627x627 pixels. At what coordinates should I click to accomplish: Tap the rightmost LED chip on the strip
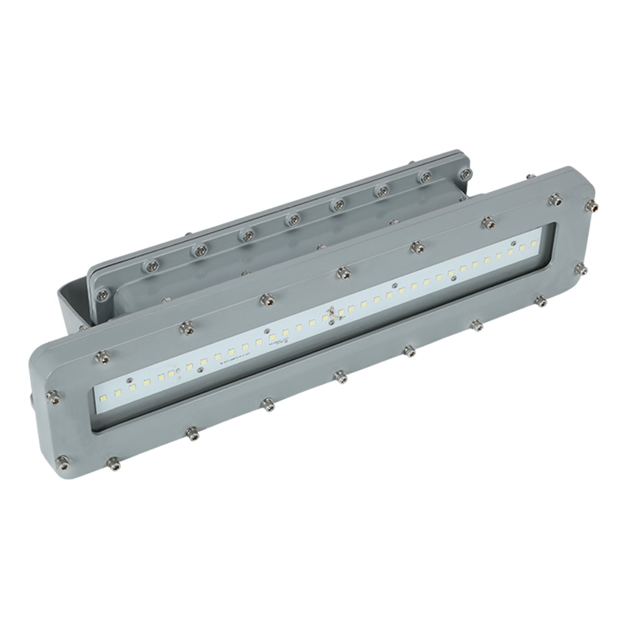click(x=533, y=243)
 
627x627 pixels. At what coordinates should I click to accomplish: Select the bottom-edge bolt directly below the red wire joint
click(x=340, y=377)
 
